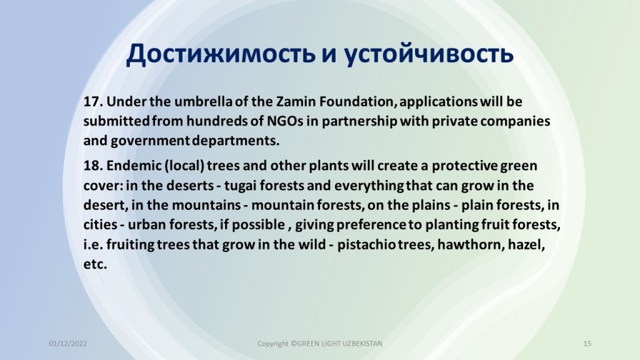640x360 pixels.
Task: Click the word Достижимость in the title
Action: [x=221, y=54]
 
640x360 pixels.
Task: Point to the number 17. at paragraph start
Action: [x=93, y=101]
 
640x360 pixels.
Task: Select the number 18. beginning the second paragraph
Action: [x=93, y=166]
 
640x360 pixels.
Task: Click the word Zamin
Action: [x=296, y=101]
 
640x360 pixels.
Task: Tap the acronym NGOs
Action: [x=285, y=121]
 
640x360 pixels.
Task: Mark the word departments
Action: [x=236, y=141]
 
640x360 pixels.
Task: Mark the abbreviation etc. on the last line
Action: [x=95, y=264]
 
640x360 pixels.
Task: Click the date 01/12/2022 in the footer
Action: [x=67, y=344]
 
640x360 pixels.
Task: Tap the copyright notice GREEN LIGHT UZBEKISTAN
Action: [x=339, y=344]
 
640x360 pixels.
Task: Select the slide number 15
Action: [x=587, y=344]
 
